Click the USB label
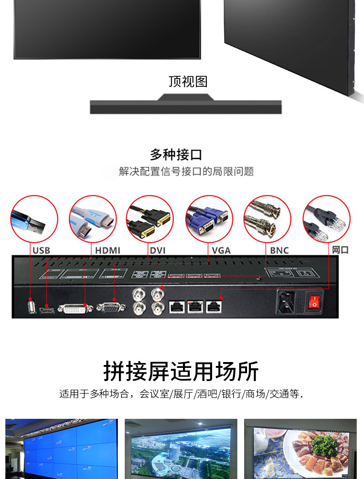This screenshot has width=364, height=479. pyautogui.click(x=41, y=250)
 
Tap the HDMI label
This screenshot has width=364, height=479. pyautogui.click(x=108, y=250)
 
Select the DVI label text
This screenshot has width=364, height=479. pyautogui.click(x=158, y=250)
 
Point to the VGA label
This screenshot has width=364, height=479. pyautogui.click(x=221, y=250)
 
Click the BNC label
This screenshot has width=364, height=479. pyautogui.click(x=280, y=250)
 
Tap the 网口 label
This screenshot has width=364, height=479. pyautogui.click(x=340, y=250)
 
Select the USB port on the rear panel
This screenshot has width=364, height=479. pyautogui.click(x=32, y=306)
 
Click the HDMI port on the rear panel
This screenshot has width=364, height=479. pyautogui.click(x=47, y=310)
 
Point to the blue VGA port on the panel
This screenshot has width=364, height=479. pyautogui.click(x=111, y=308)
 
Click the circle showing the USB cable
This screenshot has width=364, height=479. pyautogui.click(x=34, y=219)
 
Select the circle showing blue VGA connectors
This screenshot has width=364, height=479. pyautogui.click(x=209, y=219)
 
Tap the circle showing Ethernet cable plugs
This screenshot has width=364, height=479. pyautogui.click(x=327, y=219)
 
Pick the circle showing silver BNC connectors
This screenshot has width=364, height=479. pyautogui.click(x=267, y=219)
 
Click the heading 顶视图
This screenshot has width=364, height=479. pyautogui.click(x=188, y=82)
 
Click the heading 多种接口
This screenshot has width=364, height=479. pyautogui.click(x=176, y=155)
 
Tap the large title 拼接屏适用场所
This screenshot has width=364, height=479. pyautogui.click(x=181, y=371)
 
